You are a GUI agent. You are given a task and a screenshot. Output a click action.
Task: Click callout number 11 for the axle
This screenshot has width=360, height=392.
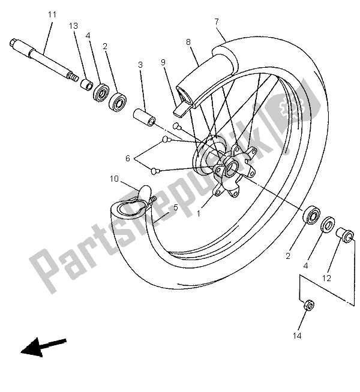click(x=50, y=14)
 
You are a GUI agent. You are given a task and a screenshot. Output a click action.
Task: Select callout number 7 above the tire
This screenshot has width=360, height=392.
click(x=216, y=22)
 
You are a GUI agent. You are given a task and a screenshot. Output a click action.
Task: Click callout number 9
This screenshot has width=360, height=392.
click(x=162, y=62)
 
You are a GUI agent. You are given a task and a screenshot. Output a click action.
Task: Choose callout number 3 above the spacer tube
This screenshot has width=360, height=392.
click(x=140, y=64)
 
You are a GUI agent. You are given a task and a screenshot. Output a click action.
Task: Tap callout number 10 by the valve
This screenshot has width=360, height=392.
click(x=114, y=178)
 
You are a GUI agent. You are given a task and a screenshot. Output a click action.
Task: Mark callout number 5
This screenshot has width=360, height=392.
click(x=176, y=208)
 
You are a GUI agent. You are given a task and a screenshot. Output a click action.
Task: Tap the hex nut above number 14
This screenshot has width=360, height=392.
click(x=306, y=305)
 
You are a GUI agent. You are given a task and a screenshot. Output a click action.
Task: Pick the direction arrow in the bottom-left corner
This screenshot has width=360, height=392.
click(x=43, y=346)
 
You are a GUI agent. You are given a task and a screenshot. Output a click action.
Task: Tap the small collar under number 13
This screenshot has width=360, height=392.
click(x=86, y=85)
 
